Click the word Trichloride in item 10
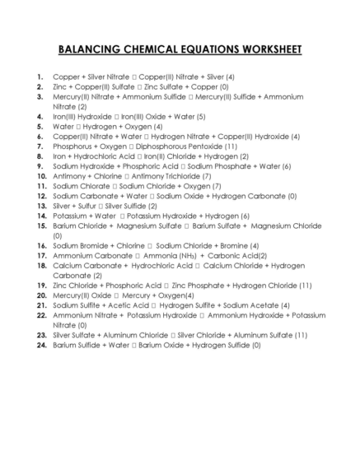[181, 176]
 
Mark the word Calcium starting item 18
[68, 266]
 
